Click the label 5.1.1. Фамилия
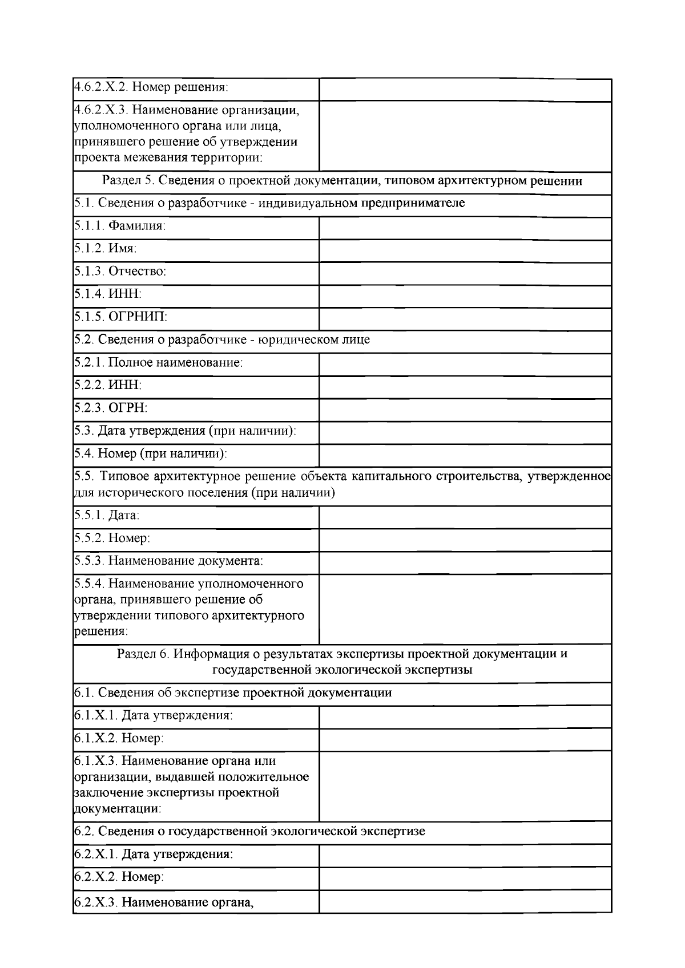pyautogui.click(x=120, y=226)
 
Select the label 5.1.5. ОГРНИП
pyautogui.click(x=120, y=317)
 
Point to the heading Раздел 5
pyautogui.click(x=342, y=181)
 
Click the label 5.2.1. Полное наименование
pyautogui.click(x=159, y=362)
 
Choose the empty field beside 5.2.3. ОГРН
pyautogui.click(x=465, y=410)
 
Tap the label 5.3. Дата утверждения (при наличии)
pyautogui.click(x=185, y=431)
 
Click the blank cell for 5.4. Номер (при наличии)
pyautogui.click(x=465, y=455)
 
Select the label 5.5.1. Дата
pyautogui.click(x=107, y=515)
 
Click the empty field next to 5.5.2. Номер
pyautogui.click(x=465, y=540)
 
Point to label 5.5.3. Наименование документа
pyautogui.click(x=169, y=561)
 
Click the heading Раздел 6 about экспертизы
pyautogui.click(x=342, y=662)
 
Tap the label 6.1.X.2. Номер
pyautogui.click(x=119, y=738)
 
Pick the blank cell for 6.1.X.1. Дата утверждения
pyautogui.click(x=465, y=717)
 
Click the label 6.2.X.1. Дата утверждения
pyautogui.click(x=154, y=854)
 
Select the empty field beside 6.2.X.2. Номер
pyautogui.click(x=465, y=878)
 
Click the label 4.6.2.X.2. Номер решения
pyautogui.click(x=151, y=88)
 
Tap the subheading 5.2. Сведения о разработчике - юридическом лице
pyautogui.click(x=222, y=339)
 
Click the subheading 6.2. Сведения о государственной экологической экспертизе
pyautogui.click(x=249, y=831)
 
